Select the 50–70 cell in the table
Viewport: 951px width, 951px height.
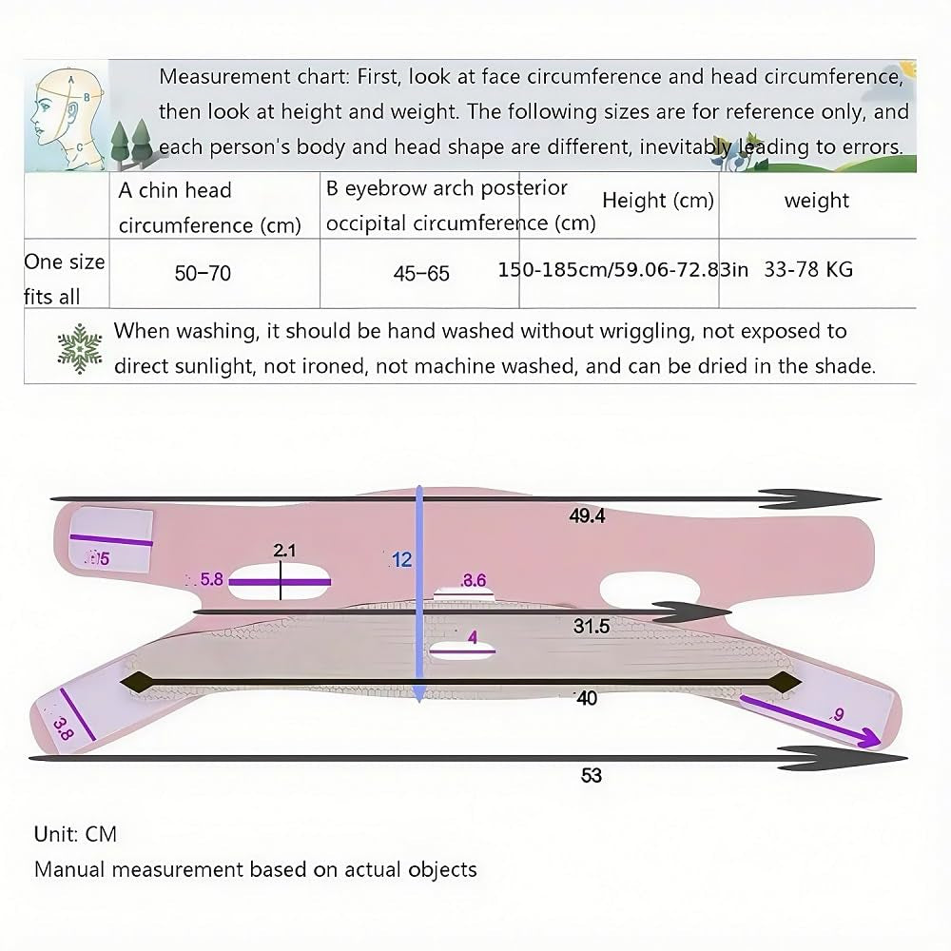coord(203,274)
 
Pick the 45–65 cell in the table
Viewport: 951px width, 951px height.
coord(421,274)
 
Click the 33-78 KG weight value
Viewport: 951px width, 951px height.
coord(807,269)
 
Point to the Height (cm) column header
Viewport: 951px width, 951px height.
coord(657,201)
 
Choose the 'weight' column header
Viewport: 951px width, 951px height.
coord(816,201)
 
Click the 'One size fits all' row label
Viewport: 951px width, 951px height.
coord(64,279)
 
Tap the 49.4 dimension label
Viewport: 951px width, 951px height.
coord(587,516)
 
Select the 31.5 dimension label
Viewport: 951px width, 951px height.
coord(592,627)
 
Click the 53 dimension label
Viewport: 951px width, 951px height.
coord(592,776)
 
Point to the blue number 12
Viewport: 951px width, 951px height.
coord(401,560)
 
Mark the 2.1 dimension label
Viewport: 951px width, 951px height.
coord(284,550)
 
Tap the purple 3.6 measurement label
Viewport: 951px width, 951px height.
coord(474,580)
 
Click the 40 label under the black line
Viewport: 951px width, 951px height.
coord(587,699)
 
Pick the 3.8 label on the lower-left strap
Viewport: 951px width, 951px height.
coord(63,728)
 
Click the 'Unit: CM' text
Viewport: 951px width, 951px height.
coord(75,834)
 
